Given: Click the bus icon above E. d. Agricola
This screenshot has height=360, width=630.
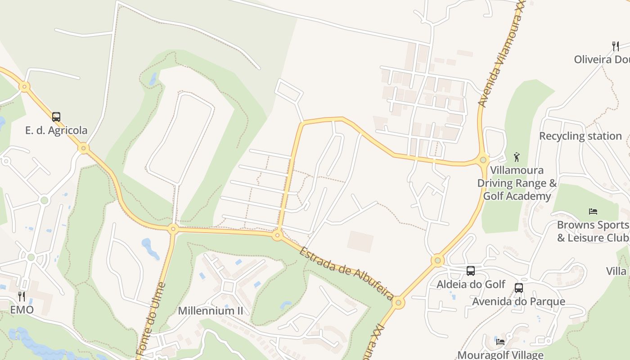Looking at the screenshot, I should (x=56, y=117).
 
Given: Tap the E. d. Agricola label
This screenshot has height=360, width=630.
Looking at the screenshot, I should (x=56, y=130).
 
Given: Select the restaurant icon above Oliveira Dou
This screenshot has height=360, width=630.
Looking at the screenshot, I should (x=616, y=46).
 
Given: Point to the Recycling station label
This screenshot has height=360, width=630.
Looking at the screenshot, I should (x=580, y=136).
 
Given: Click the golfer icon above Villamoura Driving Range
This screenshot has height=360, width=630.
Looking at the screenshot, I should (x=517, y=157).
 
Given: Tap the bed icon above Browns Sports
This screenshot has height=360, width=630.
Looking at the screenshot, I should (x=593, y=211).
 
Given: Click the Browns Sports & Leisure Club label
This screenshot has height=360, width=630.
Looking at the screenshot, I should (x=593, y=231).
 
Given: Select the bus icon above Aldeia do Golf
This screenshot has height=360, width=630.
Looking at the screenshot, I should (x=471, y=271).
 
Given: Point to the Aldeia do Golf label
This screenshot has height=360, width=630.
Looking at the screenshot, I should (x=471, y=284).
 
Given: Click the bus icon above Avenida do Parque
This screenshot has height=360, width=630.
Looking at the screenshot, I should (x=519, y=288).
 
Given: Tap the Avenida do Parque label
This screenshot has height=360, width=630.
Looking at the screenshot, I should (x=518, y=301).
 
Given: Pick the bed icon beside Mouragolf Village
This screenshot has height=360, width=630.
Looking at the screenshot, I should (x=500, y=342).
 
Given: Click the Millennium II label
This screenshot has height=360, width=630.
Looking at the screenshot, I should (x=210, y=310).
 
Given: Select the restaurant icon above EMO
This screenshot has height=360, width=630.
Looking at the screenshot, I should (x=22, y=296).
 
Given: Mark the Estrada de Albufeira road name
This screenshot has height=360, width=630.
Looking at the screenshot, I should (x=346, y=273).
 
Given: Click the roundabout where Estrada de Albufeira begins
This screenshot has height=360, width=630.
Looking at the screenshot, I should (x=277, y=235).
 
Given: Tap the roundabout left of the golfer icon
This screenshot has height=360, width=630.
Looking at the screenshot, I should (x=483, y=159).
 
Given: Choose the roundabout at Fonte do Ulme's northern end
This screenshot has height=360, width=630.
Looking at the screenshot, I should (x=173, y=229).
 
